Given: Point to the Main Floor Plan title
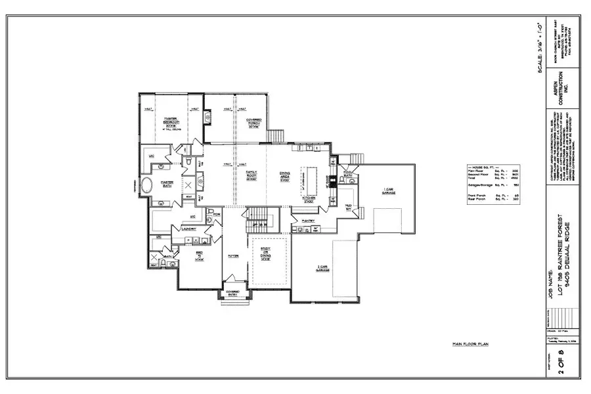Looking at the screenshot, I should [x=470, y=343].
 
